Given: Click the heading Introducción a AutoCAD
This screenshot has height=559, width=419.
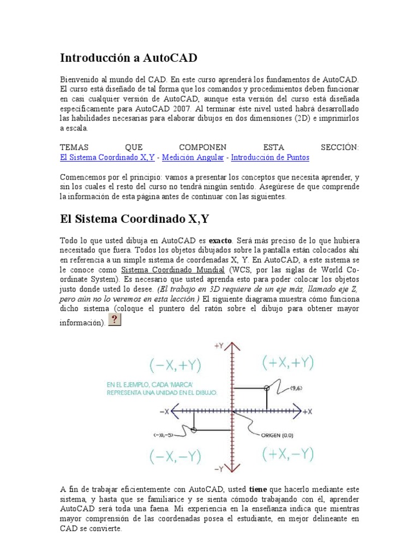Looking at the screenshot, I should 128,58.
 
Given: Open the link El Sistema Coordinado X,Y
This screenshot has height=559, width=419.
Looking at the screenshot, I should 107,157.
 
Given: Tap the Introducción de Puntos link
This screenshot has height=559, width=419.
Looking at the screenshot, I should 270,157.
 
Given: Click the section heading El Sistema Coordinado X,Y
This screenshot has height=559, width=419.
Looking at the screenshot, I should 134,219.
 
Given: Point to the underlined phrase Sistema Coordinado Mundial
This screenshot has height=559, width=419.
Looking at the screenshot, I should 172,270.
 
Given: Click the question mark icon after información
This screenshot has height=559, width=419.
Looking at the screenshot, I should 115,319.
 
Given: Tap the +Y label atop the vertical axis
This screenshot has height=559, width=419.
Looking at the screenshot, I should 219,346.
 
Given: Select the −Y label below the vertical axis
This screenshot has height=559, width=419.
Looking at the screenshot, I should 219,468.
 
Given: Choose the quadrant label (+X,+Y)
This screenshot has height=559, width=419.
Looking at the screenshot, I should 287,362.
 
